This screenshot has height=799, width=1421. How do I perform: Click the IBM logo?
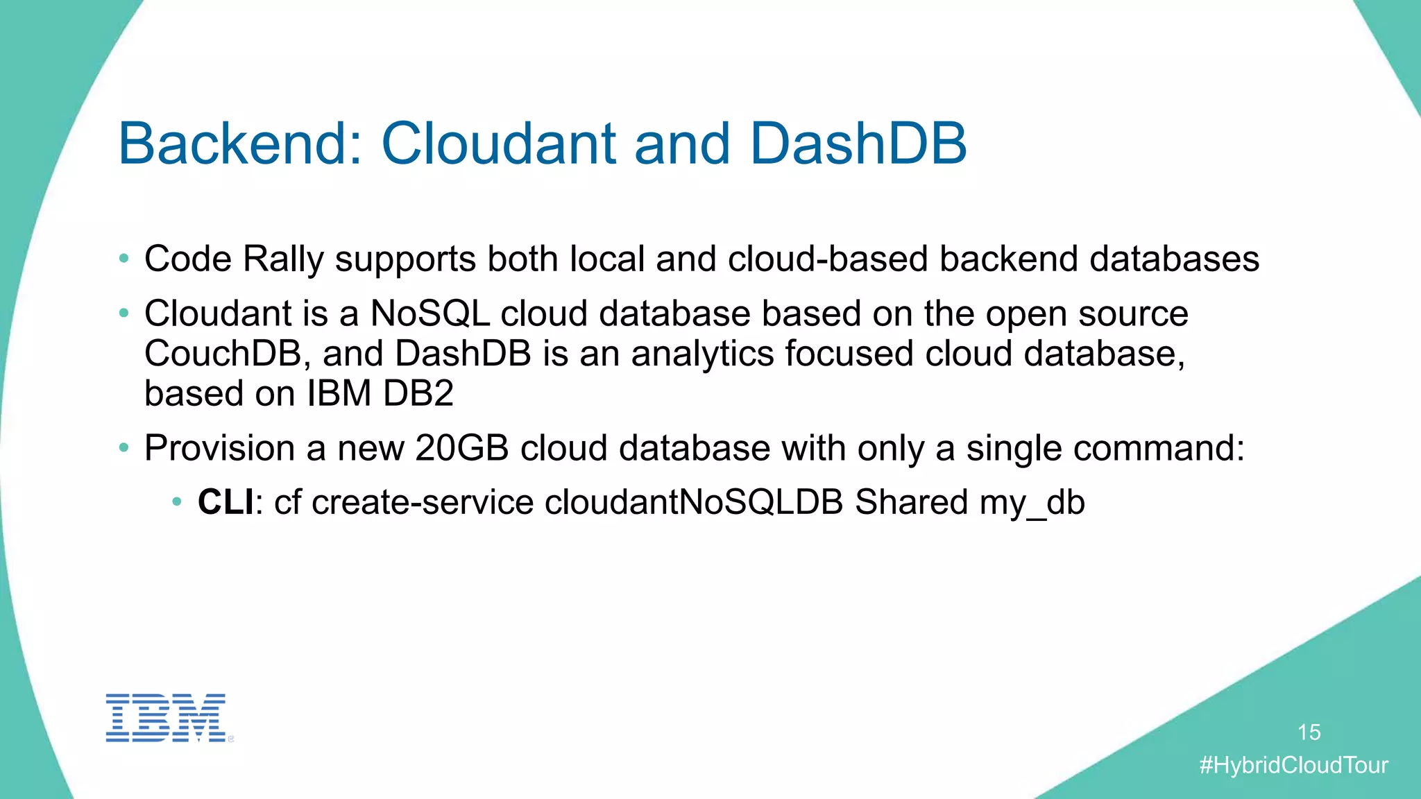167,718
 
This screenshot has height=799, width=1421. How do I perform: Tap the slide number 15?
1309,732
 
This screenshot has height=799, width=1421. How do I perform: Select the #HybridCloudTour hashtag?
1293,765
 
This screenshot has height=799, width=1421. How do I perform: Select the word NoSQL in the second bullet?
430,313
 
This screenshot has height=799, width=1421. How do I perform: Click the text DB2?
418,394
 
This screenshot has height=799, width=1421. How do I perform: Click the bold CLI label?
226,502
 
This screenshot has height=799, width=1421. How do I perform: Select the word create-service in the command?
423,502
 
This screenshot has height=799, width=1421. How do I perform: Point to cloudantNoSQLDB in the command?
694,502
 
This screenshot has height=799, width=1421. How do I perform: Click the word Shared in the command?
911,502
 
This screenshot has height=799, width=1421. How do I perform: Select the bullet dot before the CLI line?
177,501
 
